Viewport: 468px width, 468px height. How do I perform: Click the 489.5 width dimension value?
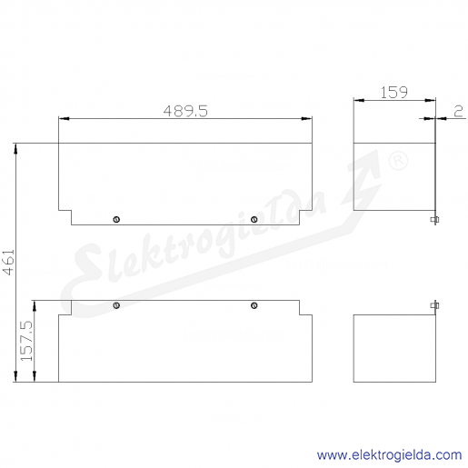point(185,111)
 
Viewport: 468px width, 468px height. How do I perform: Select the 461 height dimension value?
point(9,262)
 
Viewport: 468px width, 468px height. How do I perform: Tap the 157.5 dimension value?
point(26,341)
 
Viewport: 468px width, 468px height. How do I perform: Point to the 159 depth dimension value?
point(393,93)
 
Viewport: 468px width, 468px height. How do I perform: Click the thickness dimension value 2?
point(459,112)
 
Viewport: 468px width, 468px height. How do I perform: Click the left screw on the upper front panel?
point(116,219)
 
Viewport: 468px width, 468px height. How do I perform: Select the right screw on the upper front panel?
point(254,219)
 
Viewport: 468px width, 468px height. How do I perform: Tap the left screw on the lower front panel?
point(116,305)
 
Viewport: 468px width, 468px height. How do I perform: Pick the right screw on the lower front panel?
point(254,305)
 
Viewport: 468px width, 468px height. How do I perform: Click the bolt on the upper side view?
point(435,220)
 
